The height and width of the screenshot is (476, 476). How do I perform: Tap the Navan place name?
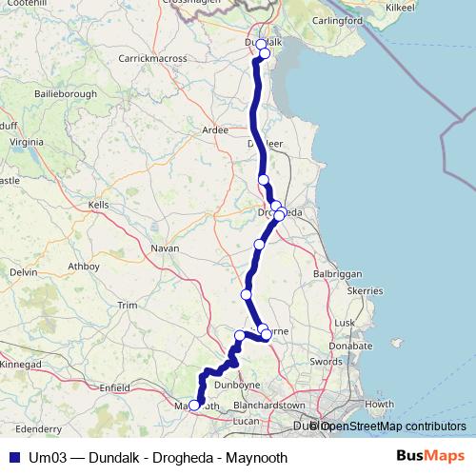tap(165, 248)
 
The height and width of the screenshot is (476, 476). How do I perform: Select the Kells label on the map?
tap(98, 205)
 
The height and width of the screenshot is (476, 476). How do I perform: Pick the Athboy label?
tap(84, 267)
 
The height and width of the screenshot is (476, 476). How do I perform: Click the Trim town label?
tap(127, 305)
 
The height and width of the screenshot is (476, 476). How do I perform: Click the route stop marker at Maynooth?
tap(194, 406)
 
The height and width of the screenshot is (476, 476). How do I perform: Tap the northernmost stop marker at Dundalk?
tap(261, 44)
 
